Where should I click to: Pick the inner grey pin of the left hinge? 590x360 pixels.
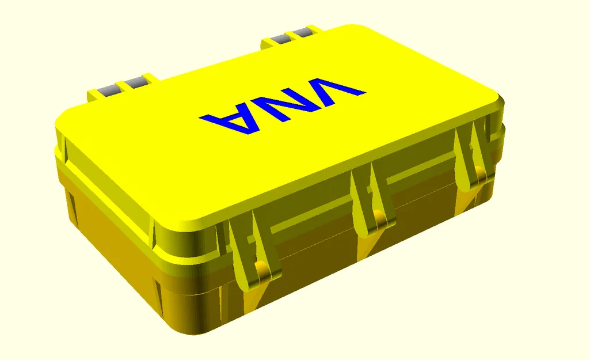coord(136,82)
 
